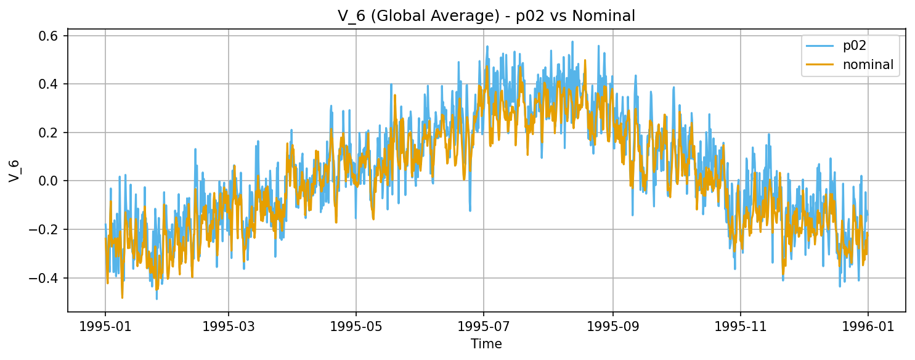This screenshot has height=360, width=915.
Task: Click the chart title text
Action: point(486,17)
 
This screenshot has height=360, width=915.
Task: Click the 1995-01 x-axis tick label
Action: point(105,325)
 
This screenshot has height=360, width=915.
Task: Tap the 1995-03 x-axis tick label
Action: point(229,325)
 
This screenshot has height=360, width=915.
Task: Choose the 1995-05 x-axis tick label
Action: point(356,325)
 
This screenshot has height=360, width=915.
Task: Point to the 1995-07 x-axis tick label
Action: point(484,325)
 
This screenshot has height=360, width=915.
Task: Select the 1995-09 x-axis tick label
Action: point(613,325)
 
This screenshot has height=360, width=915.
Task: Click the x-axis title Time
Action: point(486,344)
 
